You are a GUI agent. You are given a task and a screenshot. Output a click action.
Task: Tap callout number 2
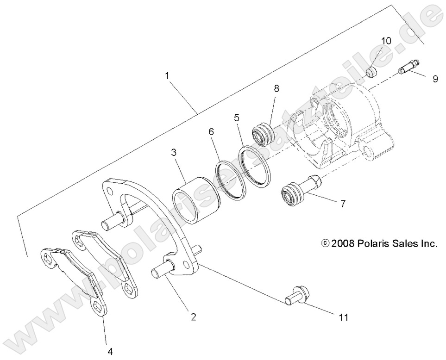coord(194,317)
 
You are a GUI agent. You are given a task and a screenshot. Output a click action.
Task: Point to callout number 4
coord(110,351)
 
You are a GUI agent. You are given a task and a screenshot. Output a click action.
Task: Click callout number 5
coord(237,118)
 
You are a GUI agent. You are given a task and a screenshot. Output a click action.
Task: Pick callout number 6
coord(211,132)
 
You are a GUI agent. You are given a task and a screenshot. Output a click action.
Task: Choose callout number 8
coord(276,88)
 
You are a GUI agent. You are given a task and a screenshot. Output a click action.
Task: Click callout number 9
coord(435,79)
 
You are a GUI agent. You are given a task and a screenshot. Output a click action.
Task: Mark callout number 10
coord(386,41)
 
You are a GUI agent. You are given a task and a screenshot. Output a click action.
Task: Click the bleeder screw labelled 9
coord(407,68)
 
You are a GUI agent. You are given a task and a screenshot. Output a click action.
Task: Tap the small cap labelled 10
coord(371,73)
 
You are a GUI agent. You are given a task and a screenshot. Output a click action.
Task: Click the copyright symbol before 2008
coord(325,243)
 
